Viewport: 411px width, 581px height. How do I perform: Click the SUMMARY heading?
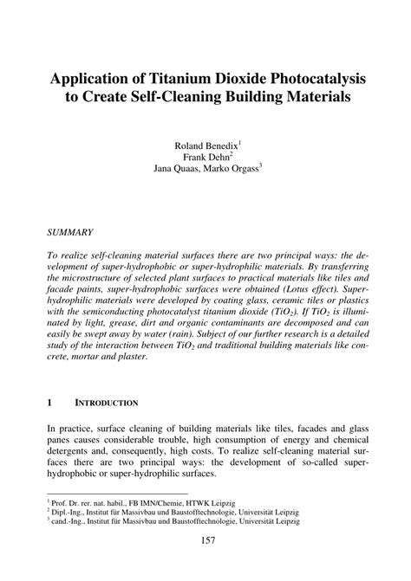click(x=71, y=232)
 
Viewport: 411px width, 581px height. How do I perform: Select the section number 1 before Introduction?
click(x=50, y=403)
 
